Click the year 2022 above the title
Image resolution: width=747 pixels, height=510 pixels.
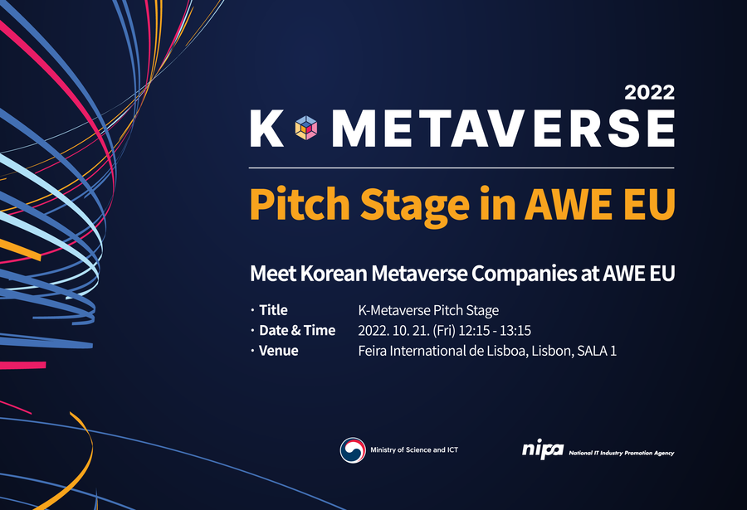coord(649,92)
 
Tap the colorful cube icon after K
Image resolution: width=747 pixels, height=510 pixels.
coord(305,128)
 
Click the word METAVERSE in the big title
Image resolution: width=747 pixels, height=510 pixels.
coord(504,128)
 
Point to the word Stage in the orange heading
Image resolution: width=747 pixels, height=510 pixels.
coord(414,206)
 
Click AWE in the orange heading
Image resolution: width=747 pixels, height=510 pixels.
coord(568,204)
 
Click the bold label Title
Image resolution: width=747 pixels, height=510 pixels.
coord(273,310)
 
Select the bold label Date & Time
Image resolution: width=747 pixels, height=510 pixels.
coord(297,331)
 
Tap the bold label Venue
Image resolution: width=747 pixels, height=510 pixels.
coord(279,351)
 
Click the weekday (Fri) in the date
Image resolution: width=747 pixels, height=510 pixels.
coord(444,331)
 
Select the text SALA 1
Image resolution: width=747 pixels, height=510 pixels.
coord(597,351)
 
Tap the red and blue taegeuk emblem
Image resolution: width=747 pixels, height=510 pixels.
coord(353,450)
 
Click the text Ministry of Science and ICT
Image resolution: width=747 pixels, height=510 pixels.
coord(414,449)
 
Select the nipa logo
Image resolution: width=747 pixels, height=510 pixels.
coord(543,449)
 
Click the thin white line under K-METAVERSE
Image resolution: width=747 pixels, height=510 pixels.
coord(461,168)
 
